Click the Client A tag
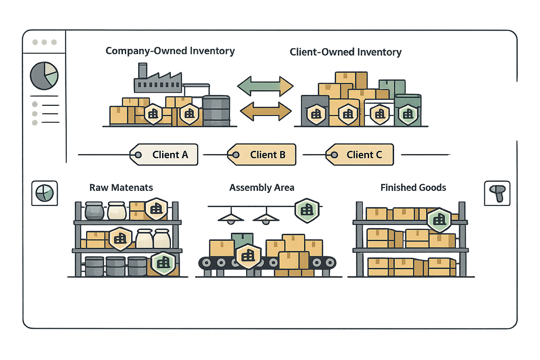pos(164,155)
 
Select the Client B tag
pos(262,155)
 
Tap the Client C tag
pos(360,155)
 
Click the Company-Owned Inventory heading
pos(170,51)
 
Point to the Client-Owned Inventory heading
pos(345,52)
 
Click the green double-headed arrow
pos(265,86)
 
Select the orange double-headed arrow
pos(266,111)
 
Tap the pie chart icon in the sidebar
pos(44,76)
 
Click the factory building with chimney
pos(157,80)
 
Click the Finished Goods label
pos(413,188)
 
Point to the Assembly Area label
pos(262,188)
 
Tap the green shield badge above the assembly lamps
pos(307,210)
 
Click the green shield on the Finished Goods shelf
pos(439,220)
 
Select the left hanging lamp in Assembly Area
pos(231,218)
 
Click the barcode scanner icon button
pos(497,193)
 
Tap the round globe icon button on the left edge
pos(45,193)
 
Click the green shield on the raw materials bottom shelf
pos(163,263)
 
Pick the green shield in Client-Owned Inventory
pos(408,114)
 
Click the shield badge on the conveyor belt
pos(248,256)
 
